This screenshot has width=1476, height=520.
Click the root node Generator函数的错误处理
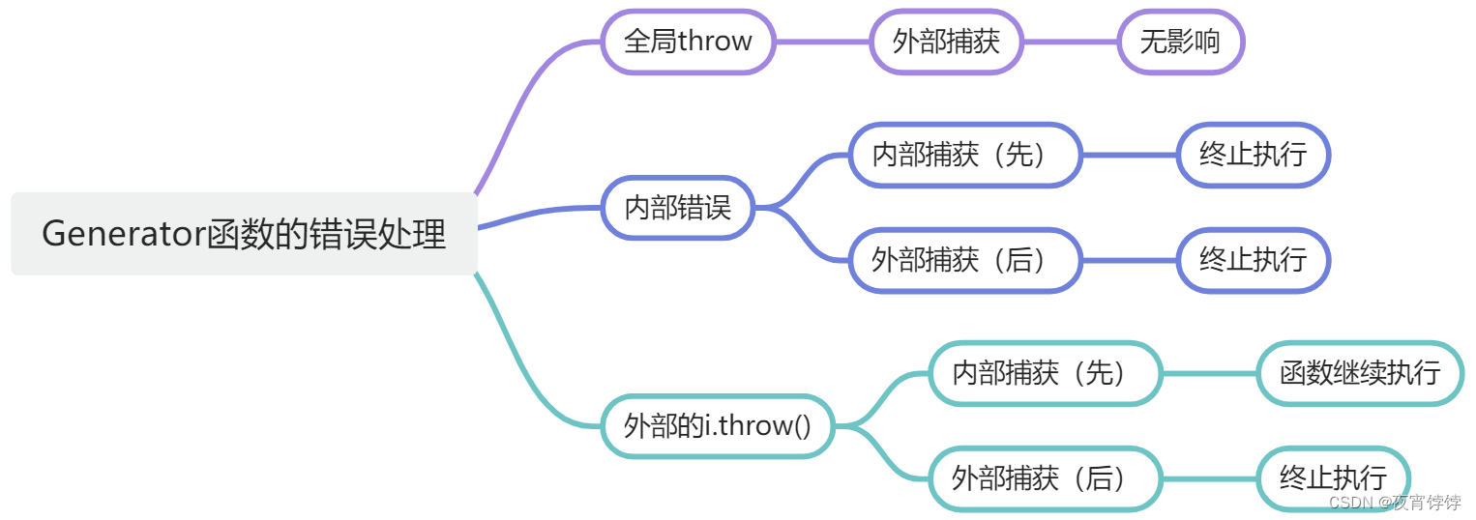point(244,234)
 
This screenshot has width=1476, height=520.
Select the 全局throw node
point(688,42)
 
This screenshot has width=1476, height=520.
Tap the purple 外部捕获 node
point(945,42)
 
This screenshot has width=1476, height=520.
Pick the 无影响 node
point(1179,42)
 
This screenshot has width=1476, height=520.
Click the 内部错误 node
point(677,207)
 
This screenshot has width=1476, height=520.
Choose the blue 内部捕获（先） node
point(964,155)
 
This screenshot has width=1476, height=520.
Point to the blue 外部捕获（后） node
point(964,259)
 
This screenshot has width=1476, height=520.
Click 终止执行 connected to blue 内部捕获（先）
point(1253,155)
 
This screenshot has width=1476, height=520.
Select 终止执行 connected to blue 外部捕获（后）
point(1253,259)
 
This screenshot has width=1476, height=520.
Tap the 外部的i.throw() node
point(717,425)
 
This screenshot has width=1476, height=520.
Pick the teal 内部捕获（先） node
point(1045,373)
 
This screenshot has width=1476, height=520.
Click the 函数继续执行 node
point(1359,373)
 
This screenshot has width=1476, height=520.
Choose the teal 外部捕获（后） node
point(1045,477)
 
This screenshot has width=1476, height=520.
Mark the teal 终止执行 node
point(1332,477)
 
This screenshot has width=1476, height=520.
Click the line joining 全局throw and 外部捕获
point(822,42)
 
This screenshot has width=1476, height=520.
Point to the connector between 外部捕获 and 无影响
point(1070,42)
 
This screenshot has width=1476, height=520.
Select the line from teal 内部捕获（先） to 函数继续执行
point(1209,373)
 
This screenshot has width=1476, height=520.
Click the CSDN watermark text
point(1394,503)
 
